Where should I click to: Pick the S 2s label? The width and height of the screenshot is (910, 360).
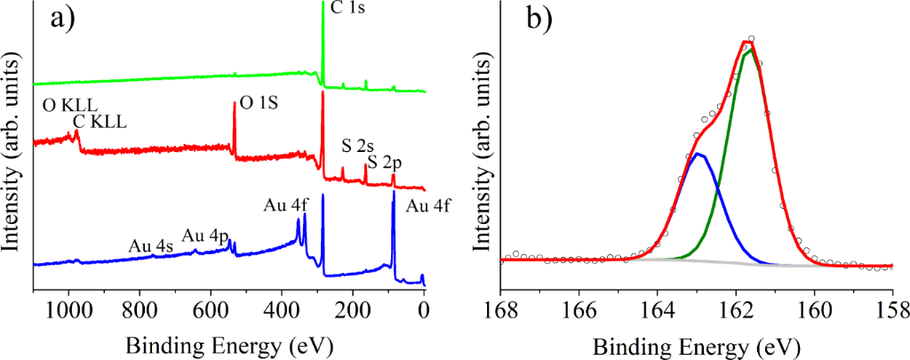(358, 146)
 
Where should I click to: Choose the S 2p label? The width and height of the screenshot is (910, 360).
(386, 162)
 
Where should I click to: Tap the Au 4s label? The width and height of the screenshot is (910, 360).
(150, 244)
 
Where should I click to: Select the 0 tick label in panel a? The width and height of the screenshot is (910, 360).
(424, 309)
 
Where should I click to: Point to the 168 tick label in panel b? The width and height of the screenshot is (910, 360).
(501, 309)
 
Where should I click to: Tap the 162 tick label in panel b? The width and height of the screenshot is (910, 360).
(737, 309)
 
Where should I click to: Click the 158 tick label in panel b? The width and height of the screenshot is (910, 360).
(892, 309)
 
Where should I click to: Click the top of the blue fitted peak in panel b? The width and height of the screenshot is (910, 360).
(699, 154)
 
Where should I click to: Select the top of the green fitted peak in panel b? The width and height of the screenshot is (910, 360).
(751, 50)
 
